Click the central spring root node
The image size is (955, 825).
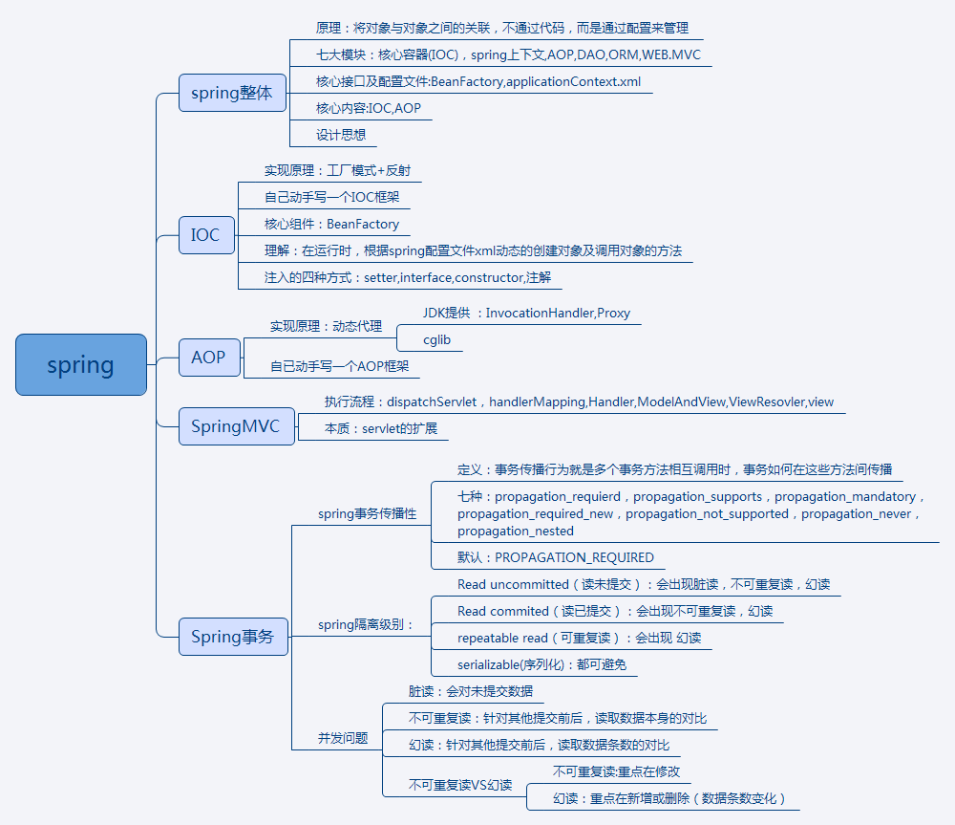click(x=81, y=364)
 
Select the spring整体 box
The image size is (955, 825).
click(x=232, y=93)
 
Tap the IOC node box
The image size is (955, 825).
click(x=206, y=234)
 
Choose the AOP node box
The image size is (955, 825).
click(x=208, y=357)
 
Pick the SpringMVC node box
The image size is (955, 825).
click(x=236, y=425)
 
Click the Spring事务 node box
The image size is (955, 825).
click(x=233, y=637)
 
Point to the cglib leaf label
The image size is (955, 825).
click(x=438, y=339)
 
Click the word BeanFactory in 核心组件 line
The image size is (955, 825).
click(x=363, y=225)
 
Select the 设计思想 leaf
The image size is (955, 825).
click(x=341, y=135)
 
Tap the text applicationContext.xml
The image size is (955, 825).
click(x=573, y=81)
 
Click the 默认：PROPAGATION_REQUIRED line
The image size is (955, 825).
click(x=556, y=557)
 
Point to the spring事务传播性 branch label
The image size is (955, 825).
click(x=368, y=513)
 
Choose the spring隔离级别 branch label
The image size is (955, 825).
click(x=366, y=624)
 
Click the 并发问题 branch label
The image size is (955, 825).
click(x=343, y=737)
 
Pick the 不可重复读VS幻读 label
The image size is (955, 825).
click(x=460, y=785)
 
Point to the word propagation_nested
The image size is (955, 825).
click(x=516, y=531)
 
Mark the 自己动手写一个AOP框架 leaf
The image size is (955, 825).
click(x=345, y=366)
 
